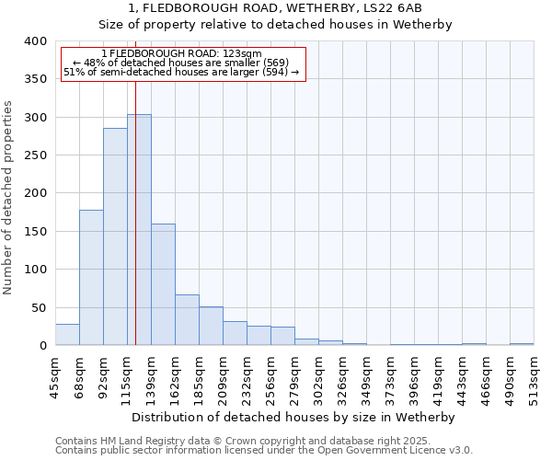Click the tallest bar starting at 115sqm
[x=139, y=230]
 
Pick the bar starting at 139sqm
[x=163, y=284]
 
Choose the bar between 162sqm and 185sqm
[x=187, y=320]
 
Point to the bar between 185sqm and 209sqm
[x=211, y=326]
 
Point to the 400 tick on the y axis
[x=36, y=41]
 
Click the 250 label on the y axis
[x=36, y=155]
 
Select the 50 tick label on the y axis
[x=39, y=307]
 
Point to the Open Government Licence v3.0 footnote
[x=368, y=450]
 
